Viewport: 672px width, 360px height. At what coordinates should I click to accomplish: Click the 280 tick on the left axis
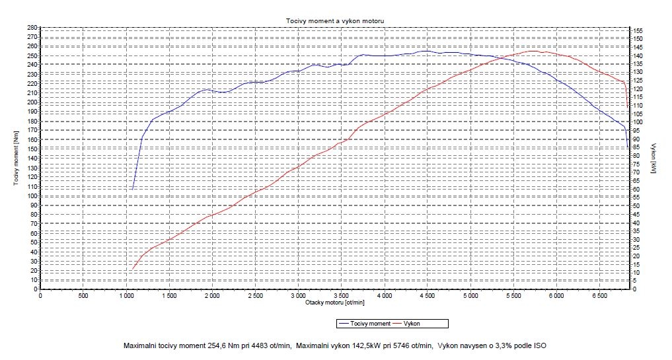point(31,27)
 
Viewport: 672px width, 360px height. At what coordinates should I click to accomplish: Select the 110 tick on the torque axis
point(31,186)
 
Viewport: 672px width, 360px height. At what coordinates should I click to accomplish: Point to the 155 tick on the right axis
point(638,31)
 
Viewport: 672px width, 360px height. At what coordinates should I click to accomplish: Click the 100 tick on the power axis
point(638,123)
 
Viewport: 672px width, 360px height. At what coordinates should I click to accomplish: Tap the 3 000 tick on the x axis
point(298,296)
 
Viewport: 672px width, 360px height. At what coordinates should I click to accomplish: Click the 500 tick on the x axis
point(83,296)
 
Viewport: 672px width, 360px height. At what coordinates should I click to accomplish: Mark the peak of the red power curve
point(533,51)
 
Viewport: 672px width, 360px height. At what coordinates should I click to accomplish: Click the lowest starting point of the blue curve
point(133,190)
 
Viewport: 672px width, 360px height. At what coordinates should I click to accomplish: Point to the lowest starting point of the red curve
point(132,270)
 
